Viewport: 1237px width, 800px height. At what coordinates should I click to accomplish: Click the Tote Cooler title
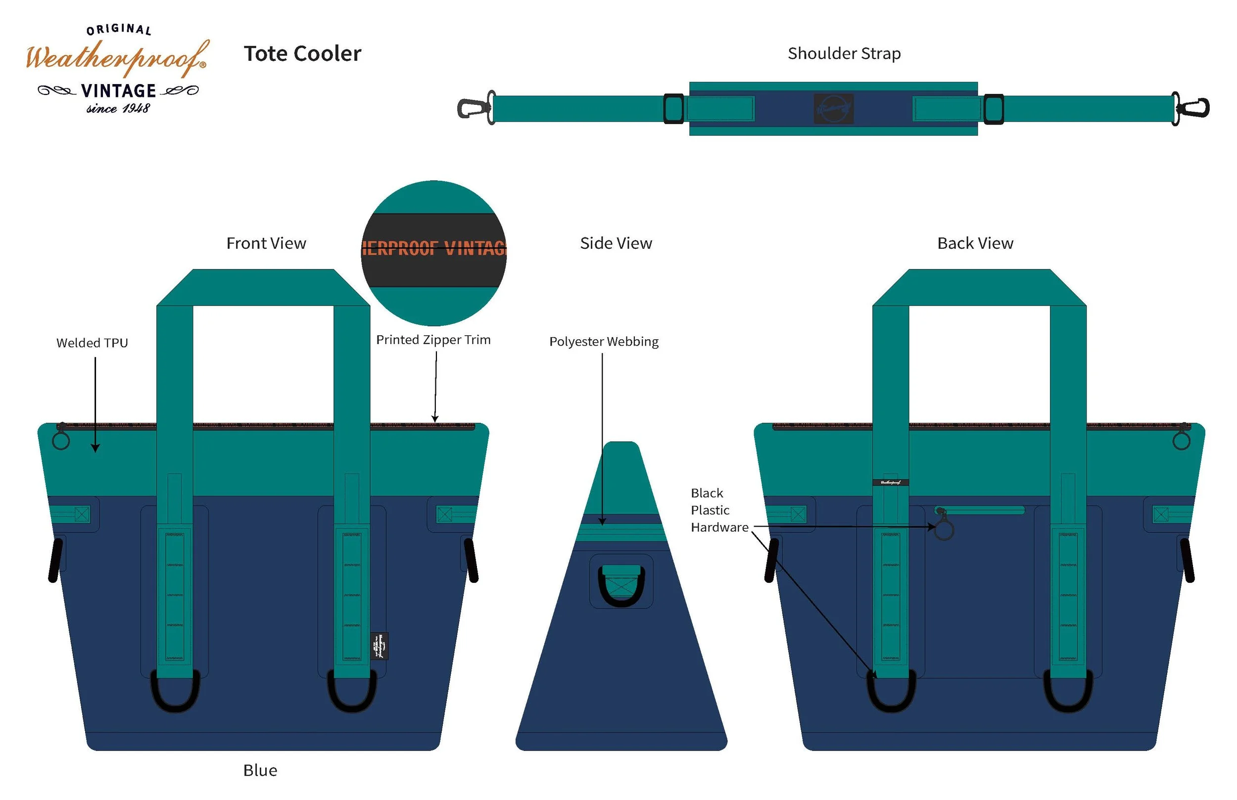[x=302, y=53]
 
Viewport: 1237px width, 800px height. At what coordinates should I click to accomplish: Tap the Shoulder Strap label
[x=844, y=53]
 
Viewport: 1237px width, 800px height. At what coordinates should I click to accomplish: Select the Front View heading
[x=266, y=243]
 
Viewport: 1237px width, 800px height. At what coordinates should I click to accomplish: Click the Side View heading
[x=616, y=243]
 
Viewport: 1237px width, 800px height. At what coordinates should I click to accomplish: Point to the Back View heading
[x=975, y=243]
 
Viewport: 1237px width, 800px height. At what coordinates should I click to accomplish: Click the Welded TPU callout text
[x=92, y=343]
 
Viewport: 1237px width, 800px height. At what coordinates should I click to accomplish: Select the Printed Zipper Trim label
[x=433, y=340]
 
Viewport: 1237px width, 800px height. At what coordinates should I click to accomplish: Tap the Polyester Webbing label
[x=604, y=341]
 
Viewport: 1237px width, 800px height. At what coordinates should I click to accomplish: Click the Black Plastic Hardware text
[x=719, y=510]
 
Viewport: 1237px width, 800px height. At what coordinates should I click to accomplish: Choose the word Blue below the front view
[x=260, y=770]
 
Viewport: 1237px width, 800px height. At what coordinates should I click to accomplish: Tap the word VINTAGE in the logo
[x=118, y=91]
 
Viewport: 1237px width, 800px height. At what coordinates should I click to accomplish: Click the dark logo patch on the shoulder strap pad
[x=833, y=109]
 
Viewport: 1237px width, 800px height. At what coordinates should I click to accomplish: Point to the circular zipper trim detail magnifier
[x=433, y=253]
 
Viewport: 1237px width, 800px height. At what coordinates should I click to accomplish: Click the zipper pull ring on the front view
[x=61, y=441]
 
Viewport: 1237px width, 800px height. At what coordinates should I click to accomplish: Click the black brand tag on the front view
[x=380, y=646]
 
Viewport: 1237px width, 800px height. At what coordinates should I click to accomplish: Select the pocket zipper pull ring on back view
[x=944, y=530]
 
